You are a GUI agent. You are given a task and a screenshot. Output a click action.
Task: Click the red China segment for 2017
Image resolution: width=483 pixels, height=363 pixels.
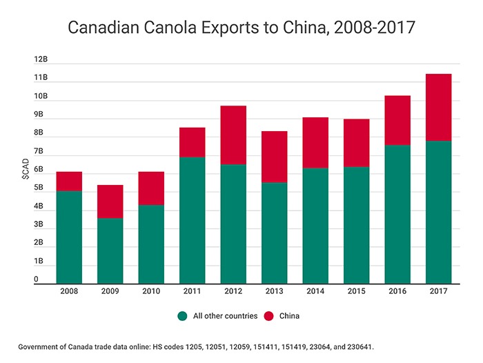438,107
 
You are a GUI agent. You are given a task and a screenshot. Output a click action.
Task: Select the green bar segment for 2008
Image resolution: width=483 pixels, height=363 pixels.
69,237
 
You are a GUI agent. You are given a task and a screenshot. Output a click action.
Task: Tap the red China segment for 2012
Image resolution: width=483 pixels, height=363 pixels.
233,135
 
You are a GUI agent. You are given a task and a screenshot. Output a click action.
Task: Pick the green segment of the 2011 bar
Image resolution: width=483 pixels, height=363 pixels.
193,220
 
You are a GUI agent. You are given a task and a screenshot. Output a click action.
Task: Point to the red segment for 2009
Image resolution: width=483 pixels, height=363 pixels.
110,202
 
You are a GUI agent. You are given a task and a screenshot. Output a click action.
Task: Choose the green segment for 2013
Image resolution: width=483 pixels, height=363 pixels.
274,233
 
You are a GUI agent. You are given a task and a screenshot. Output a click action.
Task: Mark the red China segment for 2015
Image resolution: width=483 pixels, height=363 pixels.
356,143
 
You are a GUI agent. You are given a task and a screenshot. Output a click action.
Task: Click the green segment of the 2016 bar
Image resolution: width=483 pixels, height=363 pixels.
397,214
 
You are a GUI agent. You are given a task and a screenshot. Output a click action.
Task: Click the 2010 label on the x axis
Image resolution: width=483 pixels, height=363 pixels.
151,293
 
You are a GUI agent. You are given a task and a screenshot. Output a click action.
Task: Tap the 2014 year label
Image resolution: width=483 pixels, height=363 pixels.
315,293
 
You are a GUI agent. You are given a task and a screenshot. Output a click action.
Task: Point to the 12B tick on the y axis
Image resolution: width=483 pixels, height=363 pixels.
41,60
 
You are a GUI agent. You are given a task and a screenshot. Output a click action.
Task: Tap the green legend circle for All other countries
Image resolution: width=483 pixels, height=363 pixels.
182,316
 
